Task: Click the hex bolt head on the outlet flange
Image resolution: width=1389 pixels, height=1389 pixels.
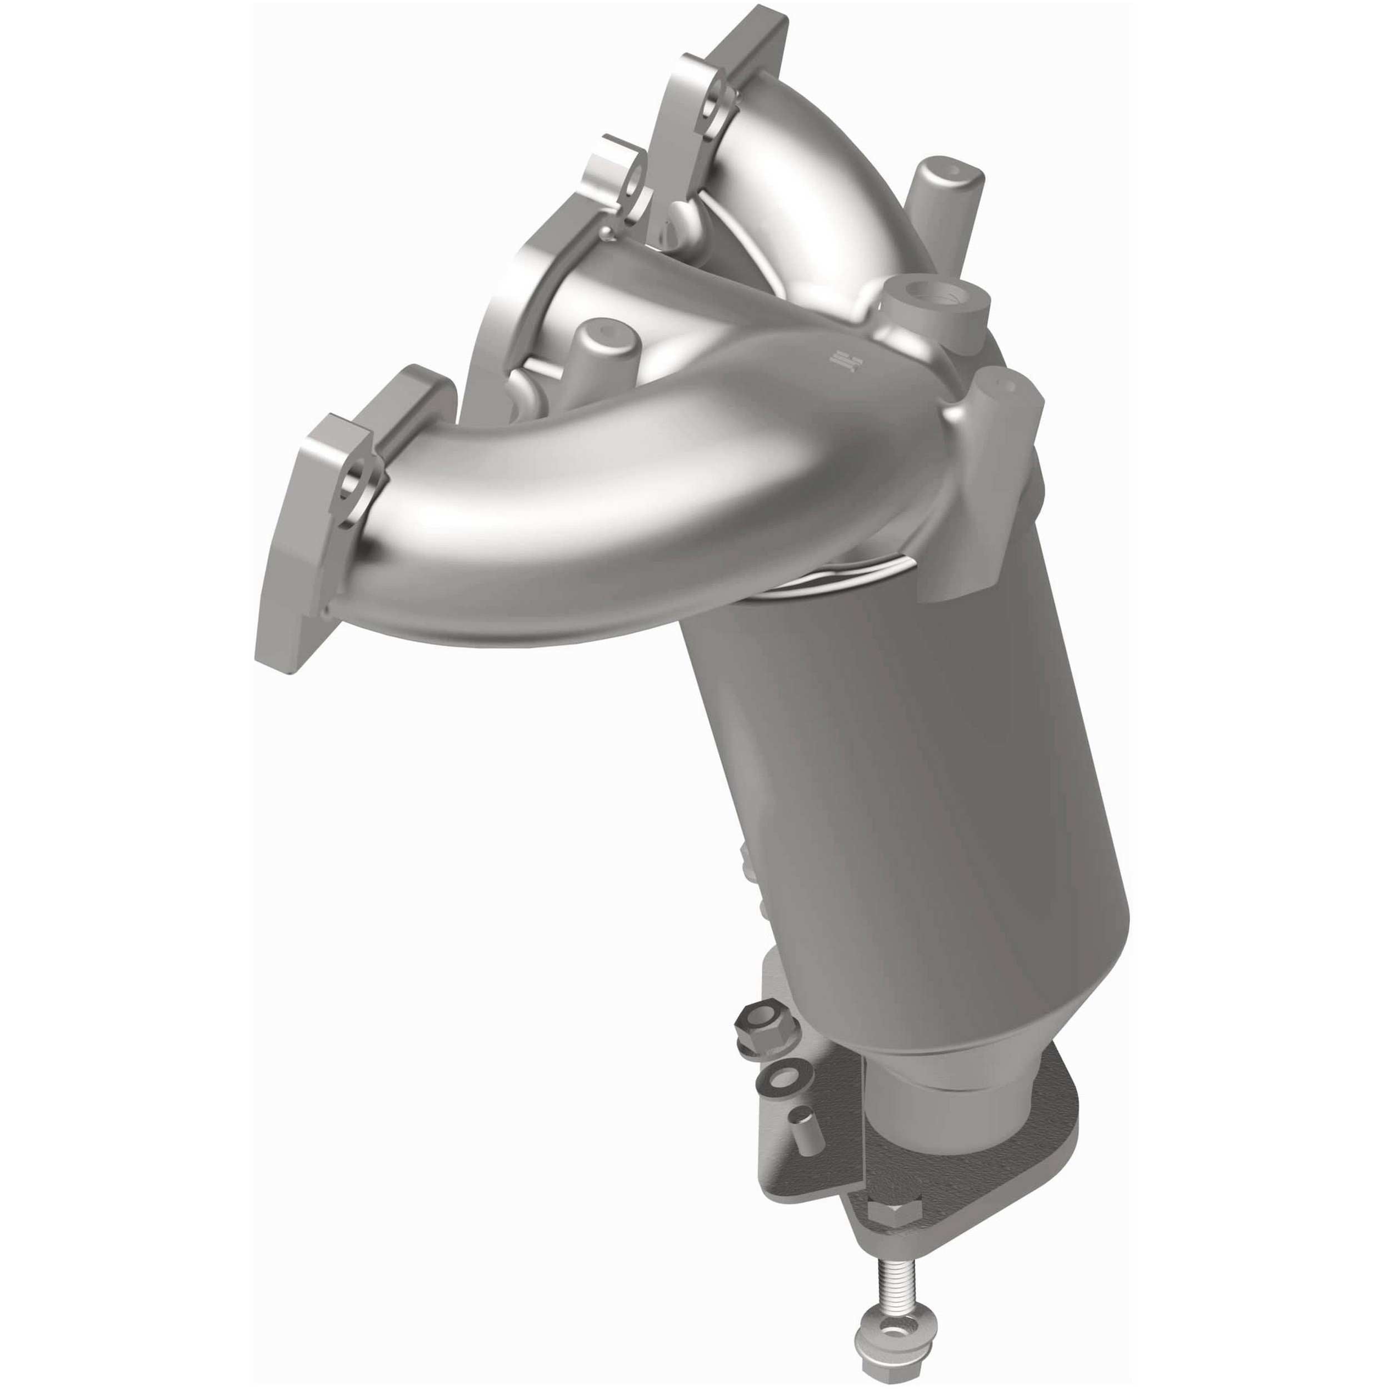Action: pyautogui.click(x=893, y=1194)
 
